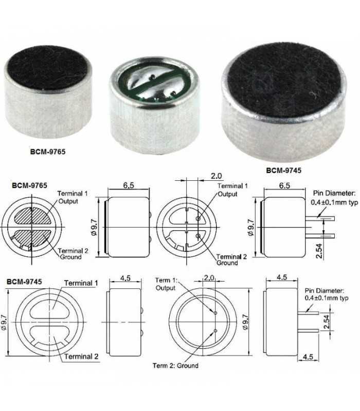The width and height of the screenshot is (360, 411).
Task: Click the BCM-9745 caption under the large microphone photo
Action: click(x=284, y=169)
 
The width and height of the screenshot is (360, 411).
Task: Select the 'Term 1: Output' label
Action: click(x=166, y=284)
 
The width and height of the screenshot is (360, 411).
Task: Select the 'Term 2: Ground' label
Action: click(x=175, y=366)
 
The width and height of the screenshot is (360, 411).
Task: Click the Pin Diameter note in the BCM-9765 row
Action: click(x=334, y=197)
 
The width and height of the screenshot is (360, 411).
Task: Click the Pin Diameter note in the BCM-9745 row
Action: click(x=326, y=294)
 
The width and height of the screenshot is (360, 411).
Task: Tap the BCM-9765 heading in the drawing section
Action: click(x=27, y=183)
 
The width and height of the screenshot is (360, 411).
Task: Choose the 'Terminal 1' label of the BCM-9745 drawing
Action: click(x=81, y=283)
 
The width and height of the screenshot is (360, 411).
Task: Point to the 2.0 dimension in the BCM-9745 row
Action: click(x=208, y=278)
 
